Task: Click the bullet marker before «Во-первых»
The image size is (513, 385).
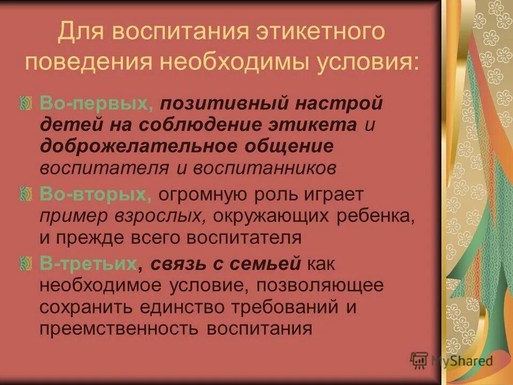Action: point(30,102)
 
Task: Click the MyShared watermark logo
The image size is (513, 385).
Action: point(452,360)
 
